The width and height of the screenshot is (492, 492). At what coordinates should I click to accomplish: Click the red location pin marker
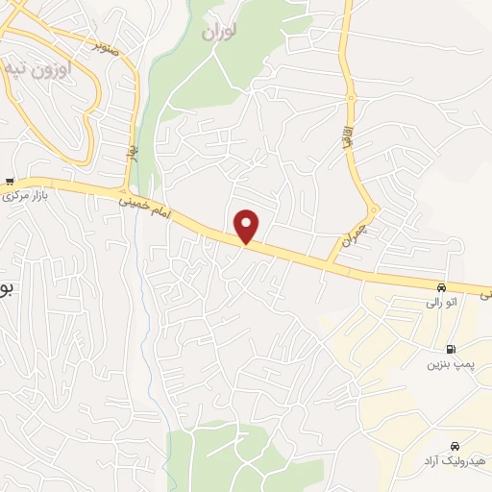(248, 226)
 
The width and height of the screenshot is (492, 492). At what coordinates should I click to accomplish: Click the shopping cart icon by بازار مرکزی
(10, 181)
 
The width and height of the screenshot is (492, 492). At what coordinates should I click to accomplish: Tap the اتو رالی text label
(441, 303)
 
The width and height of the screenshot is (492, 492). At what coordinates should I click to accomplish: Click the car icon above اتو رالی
(441, 287)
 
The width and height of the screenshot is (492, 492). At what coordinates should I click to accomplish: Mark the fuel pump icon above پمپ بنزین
(450, 350)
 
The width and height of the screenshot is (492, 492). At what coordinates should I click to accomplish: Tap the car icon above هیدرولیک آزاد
(454, 446)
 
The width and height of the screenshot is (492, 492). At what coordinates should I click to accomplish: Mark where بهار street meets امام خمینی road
(126, 187)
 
